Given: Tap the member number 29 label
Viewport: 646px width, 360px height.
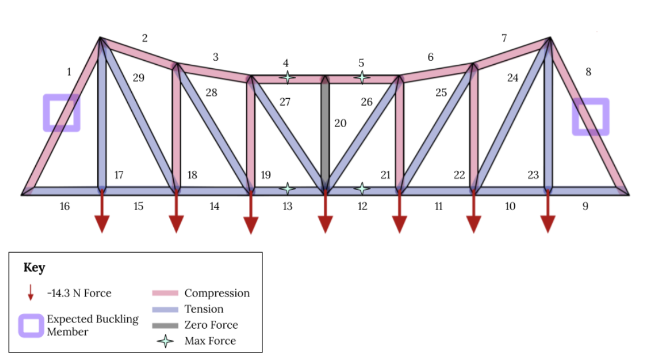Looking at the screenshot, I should pos(139,78).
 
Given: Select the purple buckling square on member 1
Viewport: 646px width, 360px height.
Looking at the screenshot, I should pos(61,112).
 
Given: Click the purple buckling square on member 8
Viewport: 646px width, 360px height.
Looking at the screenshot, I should pos(590,116).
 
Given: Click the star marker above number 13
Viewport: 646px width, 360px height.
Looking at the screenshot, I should pos(287,188).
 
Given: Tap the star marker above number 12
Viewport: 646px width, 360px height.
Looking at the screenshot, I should pos(362,188).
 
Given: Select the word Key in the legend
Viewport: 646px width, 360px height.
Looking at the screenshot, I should pos(34,268).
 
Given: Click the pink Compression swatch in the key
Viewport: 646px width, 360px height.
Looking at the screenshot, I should pos(165,293).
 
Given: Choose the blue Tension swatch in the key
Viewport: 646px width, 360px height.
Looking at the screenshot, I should pos(165,309).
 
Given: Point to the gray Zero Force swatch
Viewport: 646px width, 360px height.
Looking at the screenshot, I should pos(165,325).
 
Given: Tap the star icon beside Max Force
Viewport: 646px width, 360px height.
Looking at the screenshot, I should pos(165,341).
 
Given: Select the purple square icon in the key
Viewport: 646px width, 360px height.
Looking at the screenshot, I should pos(31,325).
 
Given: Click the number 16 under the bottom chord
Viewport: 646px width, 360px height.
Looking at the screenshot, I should pos(65,206).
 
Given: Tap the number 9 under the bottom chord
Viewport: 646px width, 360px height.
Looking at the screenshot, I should pos(585,206).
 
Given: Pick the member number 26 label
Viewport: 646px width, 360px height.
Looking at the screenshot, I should pos(367,102).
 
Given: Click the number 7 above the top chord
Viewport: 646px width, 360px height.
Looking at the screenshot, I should pos(504,39).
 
